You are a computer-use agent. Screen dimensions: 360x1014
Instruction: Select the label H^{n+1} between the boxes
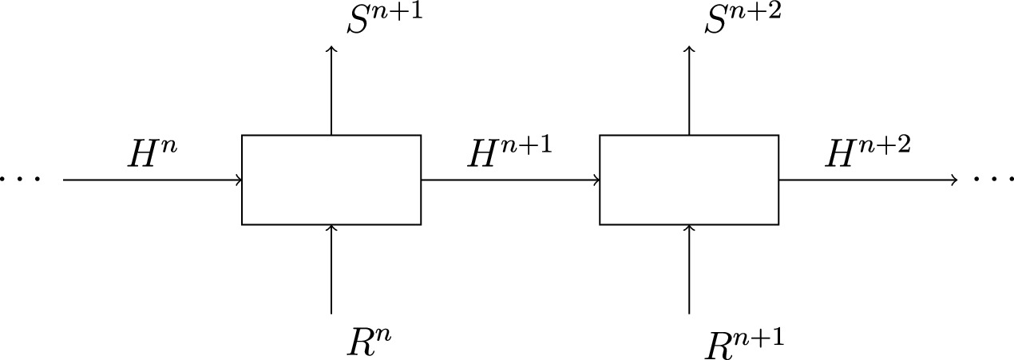[509, 153]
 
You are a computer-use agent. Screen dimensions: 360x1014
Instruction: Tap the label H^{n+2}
[867, 153]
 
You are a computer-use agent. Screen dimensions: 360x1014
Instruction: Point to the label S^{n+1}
[383, 23]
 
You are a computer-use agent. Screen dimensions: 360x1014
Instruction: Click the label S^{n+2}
[742, 23]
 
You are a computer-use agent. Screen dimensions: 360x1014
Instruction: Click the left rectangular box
[331, 180]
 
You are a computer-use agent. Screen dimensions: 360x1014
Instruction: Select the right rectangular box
[689, 180]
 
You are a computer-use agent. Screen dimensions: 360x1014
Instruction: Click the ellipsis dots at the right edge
[995, 180]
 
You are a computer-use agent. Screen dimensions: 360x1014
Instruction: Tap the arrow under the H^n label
[152, 180]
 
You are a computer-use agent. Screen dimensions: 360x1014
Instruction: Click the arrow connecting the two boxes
[509, 180]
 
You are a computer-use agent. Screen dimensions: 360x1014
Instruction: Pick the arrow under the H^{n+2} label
[867, 180]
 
